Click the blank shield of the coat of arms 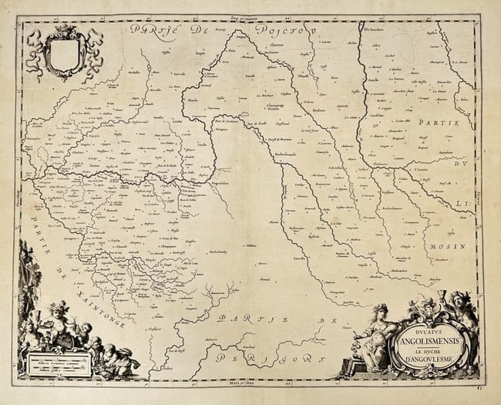pos(64,54)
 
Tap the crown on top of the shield pos(64,31)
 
